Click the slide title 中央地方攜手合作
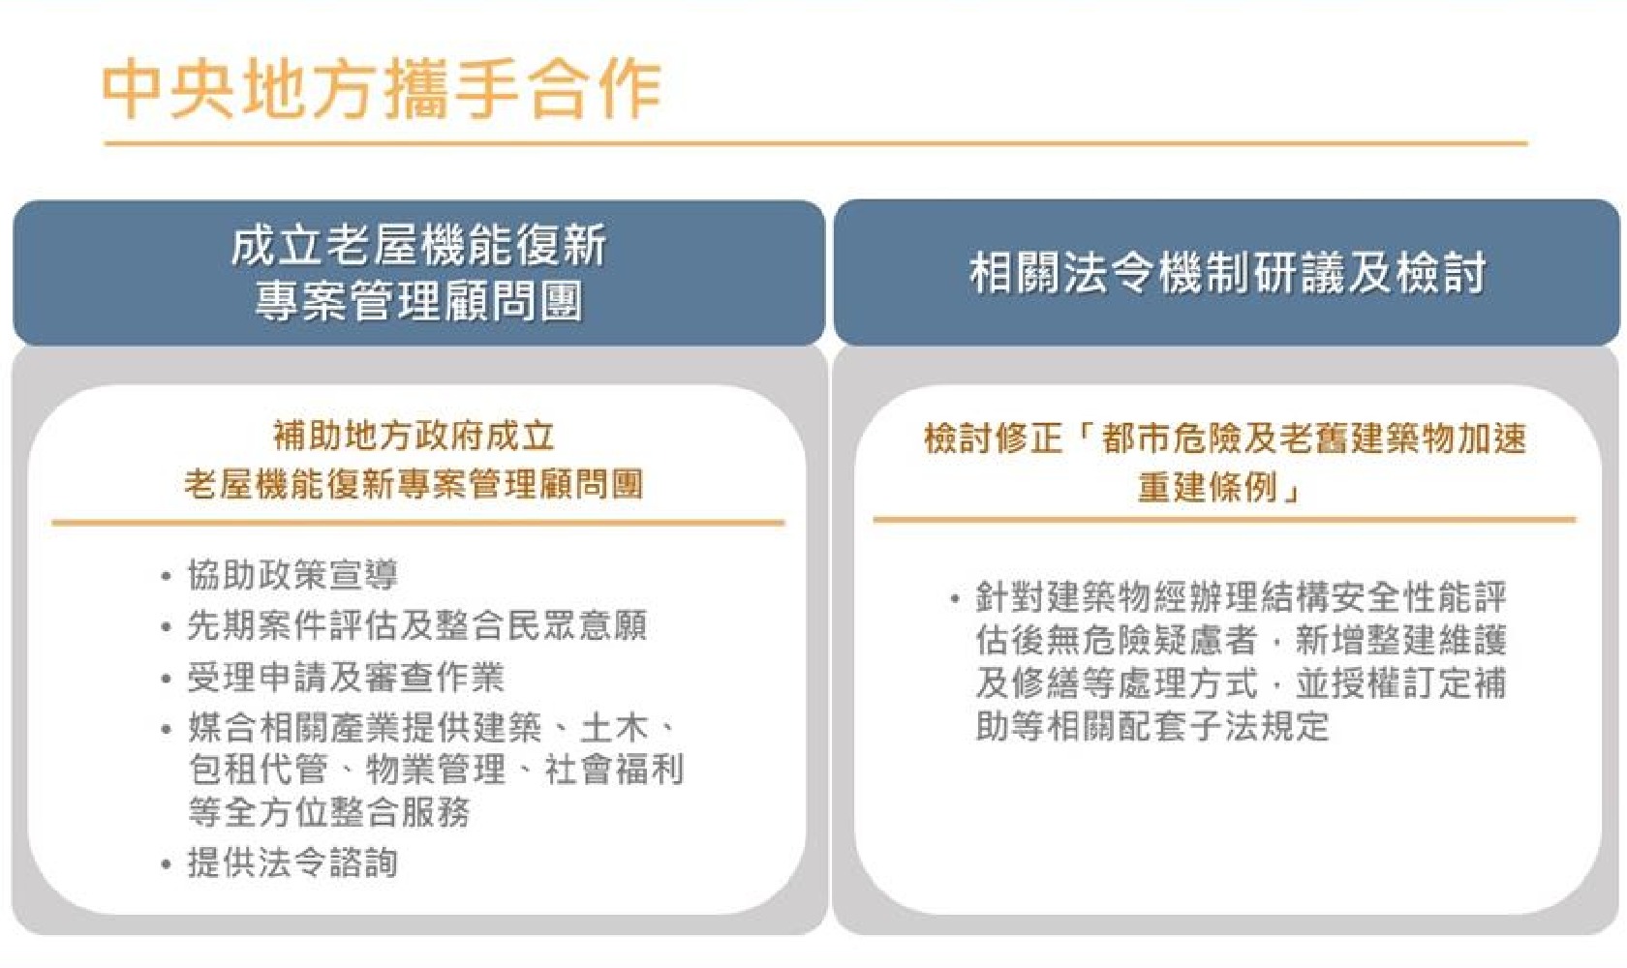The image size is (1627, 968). (x=382, y=90)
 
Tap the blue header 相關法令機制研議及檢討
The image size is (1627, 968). (x=1227, y=273)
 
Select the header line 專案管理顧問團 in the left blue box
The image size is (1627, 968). (x=419, y=301)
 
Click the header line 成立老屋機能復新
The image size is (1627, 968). (x=419, y=246)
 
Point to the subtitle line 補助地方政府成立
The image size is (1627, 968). (x=414, y=436)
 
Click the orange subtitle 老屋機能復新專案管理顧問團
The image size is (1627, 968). (x=414, y=484)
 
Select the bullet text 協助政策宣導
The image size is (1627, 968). (x=292, y=575)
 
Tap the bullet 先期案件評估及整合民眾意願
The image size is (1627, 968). (x=416, y=625)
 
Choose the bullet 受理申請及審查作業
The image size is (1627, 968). (x=346, y=678)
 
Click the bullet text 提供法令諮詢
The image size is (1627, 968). (x=292, y=862)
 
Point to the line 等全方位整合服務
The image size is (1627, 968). (x=329, y=811)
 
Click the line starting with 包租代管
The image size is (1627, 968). (x=436, y=769)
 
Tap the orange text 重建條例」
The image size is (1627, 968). (x=1218, y=487)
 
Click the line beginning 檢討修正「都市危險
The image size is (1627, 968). (x=1224, y=439)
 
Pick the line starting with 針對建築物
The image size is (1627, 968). (x=1241, y=597)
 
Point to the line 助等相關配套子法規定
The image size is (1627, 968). (x=1152, y=725)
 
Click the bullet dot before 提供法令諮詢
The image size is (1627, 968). (x=167, y=864)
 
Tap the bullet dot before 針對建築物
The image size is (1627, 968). (x=955, y=600)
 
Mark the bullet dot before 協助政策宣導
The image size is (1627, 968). (x=167, y=577)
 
